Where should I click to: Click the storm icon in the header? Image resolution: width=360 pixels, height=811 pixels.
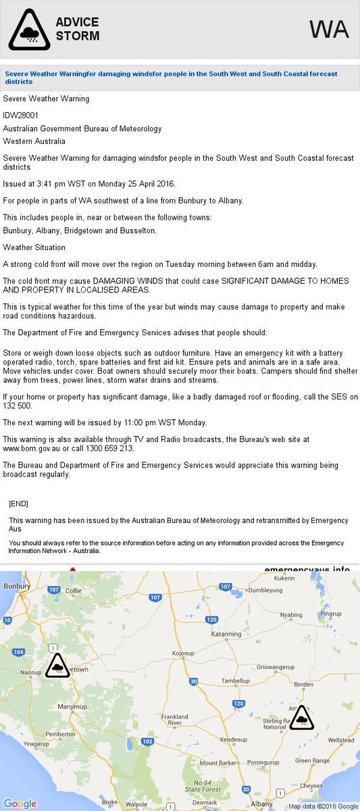(x=29, y=30)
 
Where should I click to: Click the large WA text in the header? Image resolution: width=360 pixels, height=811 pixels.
(x=329, y=30)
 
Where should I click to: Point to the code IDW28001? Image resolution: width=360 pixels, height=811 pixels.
(x=22, y=114)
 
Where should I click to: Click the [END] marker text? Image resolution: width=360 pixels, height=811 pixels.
(x=19, y=504)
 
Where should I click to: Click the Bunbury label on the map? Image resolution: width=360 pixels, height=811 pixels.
(x=16, y=587)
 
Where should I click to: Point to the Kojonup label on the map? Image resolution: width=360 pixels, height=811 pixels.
(x=183, y=654)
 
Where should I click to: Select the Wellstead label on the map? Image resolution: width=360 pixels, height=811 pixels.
(x=340, y=740)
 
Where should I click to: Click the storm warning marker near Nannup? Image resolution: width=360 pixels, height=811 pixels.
(x=57, y=666)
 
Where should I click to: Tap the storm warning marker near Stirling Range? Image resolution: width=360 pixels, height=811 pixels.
(x=301, y=718)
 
